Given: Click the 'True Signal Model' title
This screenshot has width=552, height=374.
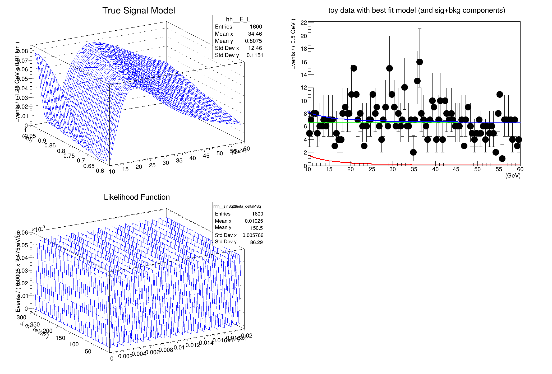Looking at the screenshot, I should point(139,11).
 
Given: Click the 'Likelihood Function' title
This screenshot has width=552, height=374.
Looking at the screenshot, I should point(137,197).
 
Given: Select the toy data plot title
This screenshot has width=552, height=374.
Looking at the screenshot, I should point(417,10).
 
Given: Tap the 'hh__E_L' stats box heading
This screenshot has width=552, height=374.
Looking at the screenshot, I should point(238,19).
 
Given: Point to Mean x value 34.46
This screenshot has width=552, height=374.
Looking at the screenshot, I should point(255,34).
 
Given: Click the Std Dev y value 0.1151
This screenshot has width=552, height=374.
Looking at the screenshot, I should point(255,55).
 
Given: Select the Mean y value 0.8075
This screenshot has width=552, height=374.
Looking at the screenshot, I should point(253,41).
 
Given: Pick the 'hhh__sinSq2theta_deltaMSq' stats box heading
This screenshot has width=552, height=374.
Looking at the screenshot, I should point(237,206).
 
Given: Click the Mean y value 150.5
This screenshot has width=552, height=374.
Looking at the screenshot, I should point(256,228).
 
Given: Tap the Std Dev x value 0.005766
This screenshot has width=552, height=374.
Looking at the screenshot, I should point(253,235).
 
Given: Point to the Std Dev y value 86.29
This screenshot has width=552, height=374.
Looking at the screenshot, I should point(256,242).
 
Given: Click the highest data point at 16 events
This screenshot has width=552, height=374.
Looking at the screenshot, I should point(420,62).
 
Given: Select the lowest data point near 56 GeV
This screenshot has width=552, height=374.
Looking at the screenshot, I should point(502,158).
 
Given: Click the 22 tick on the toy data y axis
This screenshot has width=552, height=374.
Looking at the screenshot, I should point(304,23).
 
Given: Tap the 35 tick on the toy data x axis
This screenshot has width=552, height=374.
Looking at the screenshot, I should point(414,169).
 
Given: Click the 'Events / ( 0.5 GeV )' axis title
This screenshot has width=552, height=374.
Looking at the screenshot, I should point(293,44).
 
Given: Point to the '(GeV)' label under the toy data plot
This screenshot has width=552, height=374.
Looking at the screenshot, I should point(513,176).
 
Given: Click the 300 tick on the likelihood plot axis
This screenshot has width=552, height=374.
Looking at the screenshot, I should point(21,317).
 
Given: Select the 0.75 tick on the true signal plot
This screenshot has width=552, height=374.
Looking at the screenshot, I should point(69,156).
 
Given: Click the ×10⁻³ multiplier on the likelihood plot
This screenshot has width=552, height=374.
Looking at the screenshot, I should point(38,229).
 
